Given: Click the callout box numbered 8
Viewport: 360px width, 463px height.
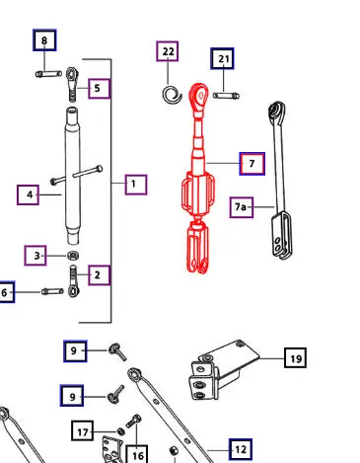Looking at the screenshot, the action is (x=44, y=40).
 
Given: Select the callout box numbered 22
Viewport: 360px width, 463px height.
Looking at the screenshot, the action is (x=168, y=51).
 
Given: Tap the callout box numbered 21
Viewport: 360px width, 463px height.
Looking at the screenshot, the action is (x=223, y=59).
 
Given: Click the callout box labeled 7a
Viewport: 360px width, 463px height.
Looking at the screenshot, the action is (x=242, y=207).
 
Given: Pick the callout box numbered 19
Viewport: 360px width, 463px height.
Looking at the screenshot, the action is (x=295, y=357).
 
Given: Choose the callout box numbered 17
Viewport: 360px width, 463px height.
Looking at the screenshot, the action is (x=83, y=430).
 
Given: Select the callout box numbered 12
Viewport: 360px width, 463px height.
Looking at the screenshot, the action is (x=241, y=449).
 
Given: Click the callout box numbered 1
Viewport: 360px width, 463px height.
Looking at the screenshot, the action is (x=136, y=185).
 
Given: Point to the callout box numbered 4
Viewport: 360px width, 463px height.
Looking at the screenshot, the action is (x=29, y=195).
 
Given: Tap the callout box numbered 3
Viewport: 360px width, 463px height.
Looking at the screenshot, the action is (x=36, y=256).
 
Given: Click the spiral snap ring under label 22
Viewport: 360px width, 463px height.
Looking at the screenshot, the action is (x=172, y=95).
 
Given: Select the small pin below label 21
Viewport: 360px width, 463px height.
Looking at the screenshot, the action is (x=226, y=96).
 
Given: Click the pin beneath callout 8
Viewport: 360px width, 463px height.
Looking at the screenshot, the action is (x=48, y=74).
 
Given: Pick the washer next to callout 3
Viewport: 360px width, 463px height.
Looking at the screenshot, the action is (x=74, y=255).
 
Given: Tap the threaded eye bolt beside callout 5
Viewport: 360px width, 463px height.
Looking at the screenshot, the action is (x=72, y=84).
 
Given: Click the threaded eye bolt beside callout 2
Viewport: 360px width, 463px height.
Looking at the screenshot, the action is (x=73, y=281).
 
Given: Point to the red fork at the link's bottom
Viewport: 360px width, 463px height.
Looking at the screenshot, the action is (x=197, y=248).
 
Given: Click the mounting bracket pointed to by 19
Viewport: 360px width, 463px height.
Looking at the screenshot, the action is (x=224, y=369).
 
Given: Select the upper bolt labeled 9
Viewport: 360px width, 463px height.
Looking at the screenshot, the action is (x=117, y=351).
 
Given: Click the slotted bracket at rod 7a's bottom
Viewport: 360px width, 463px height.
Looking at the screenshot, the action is (x=281, y=235).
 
